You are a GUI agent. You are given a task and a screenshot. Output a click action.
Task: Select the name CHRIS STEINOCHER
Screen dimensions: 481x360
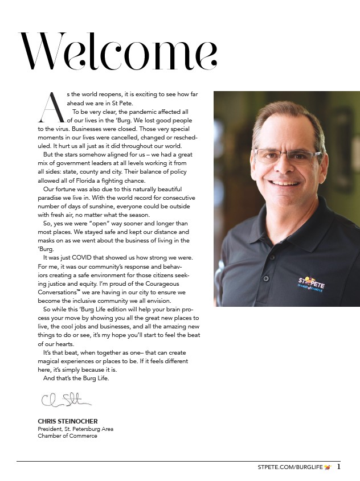coord(67,421)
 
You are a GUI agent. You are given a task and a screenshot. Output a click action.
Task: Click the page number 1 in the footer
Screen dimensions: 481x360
coord(339,467)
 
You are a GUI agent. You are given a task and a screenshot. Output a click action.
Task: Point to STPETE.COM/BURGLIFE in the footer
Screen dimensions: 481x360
coord(290,467)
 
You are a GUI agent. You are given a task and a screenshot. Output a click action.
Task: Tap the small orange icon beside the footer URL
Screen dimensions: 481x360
coord(327,467)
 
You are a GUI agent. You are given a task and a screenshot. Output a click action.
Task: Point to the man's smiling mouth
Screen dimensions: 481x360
coord(287,183)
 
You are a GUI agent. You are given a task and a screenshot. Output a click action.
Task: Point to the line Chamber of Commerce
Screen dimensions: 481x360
coord(67,436)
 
